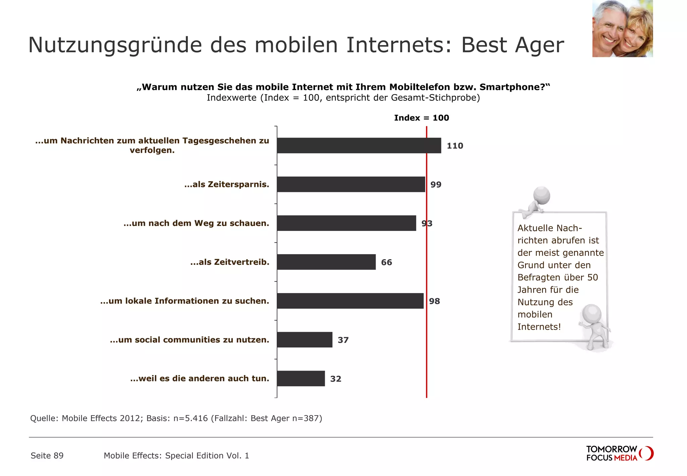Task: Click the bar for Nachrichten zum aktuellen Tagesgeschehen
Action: point(359,145)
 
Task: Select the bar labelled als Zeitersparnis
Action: point(351,184)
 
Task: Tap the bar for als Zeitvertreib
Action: point(326,262)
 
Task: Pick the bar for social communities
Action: point(305,340)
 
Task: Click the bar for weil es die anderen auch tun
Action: point(301,378)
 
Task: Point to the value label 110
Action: point(455,146)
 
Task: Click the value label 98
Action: point(434,301)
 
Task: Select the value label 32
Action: point(335,379)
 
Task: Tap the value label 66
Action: point(386,262)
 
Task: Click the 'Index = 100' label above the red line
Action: point(421,118)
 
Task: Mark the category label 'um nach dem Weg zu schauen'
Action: point(196,223)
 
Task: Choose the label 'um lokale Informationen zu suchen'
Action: point(184,301)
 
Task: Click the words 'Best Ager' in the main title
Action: point(513,45)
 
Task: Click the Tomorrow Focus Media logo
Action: point(619,453)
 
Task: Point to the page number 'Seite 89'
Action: point(47,456)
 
